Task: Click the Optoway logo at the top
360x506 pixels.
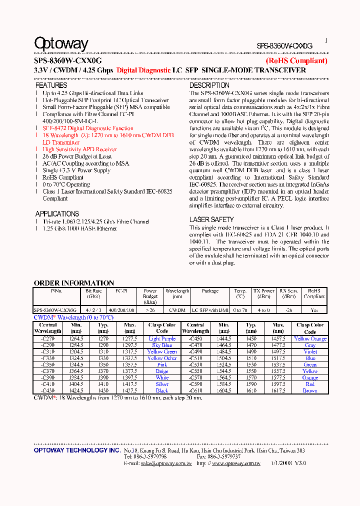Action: click(x=61, y=44)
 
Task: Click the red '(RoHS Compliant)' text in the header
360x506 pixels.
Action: click(x=296, y=61)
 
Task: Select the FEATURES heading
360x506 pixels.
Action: click(x=51, y=85)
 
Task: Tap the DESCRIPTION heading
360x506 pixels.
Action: click(x=209, y=85)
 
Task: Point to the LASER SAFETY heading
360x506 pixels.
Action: click(x=211, y=219)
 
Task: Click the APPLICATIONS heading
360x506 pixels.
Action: click(x=57, y=214)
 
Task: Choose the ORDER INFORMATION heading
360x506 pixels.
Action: click(x=73, y=283)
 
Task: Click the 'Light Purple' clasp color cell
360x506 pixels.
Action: click(x=162, y=339)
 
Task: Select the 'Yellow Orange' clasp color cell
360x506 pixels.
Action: click(x=310, y=339)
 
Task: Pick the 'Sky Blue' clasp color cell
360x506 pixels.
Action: click(x=162, y=345)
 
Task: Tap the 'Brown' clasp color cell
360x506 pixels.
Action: click(x=310, y=390)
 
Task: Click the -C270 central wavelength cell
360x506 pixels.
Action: click(x=48, y=339)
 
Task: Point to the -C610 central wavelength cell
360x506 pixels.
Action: click(x=195, y=390)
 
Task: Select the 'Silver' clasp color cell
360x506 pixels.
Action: click(x=162, y=384)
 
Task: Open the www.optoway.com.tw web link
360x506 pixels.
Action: click(x=235, y=463)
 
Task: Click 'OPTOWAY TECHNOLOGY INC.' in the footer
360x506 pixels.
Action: click(x=77, y=450)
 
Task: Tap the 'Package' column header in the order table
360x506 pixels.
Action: click(x=210, y=290)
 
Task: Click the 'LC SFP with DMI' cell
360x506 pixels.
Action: click(x=210, y=310)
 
